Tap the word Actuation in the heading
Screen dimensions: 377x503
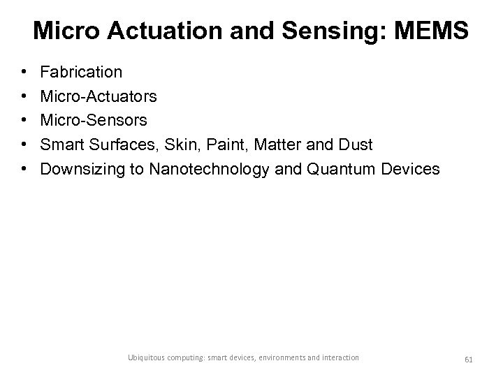143,30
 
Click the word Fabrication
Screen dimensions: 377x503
81,72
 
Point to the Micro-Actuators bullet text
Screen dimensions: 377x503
98,96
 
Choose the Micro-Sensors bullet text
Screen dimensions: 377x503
94,121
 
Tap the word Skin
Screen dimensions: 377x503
178,145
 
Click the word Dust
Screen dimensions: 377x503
355,145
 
